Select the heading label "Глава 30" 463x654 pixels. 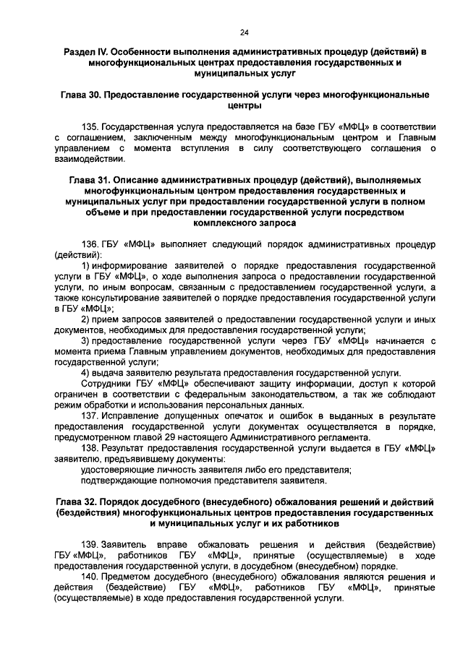82,95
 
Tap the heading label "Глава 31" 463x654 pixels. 90,178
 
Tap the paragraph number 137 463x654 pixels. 90,417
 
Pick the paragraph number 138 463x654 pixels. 90,449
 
